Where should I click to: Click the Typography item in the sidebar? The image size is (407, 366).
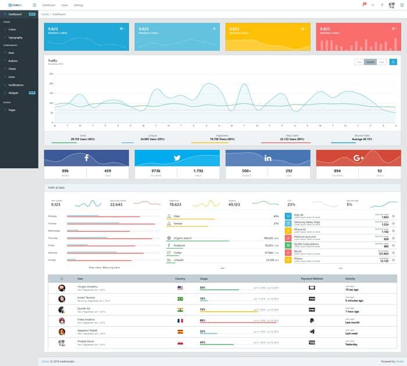(16, 37)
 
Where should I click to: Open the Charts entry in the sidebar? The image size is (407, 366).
(12, 69)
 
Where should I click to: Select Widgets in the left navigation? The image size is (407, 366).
(13, 92)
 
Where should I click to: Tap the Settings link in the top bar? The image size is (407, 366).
(78, 5)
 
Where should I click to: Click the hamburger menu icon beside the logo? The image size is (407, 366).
(34, 5)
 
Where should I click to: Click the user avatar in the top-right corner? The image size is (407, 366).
(391, 5)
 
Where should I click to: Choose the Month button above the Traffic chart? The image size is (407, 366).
(370, 62)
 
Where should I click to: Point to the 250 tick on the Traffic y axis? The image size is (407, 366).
(51, 74)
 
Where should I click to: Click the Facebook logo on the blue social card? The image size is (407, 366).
(87, 158)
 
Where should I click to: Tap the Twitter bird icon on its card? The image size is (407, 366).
(177, 158)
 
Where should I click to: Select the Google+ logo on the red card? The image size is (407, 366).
(358, 158)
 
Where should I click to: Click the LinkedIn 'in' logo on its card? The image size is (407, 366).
(268, 158)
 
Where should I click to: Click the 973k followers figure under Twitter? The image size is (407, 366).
(156, 171)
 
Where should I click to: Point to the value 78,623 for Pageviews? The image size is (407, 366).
(176, 204)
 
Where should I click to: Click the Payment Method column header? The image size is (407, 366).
(312, 278)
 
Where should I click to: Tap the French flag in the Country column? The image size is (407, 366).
(180, 320)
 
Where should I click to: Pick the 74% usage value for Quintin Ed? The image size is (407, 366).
(202, 309)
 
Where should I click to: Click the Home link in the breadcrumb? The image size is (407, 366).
(45, 13)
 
